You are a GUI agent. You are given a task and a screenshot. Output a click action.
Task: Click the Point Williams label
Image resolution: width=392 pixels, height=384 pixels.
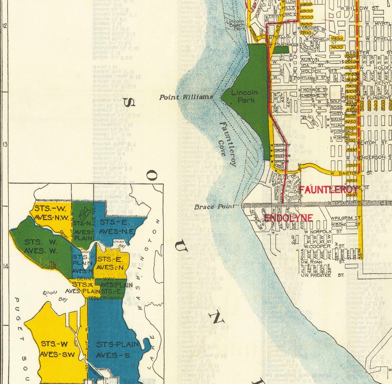pos(186,97)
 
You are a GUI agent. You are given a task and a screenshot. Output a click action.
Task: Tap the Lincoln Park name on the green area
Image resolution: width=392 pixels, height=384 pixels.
pos(244,96)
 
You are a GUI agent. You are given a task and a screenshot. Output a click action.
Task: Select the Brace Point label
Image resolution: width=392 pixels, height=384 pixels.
pos(214,207)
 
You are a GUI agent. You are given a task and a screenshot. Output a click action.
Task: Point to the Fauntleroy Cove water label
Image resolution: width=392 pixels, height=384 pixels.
pos(227,144)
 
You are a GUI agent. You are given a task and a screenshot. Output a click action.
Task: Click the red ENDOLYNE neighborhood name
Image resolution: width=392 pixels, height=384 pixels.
pos(288,218)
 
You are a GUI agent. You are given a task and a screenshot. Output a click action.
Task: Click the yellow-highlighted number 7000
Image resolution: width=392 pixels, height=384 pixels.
pos(306,17)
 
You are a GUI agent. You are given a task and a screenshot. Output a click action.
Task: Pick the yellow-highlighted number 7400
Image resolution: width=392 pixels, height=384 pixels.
pos(336,47)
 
